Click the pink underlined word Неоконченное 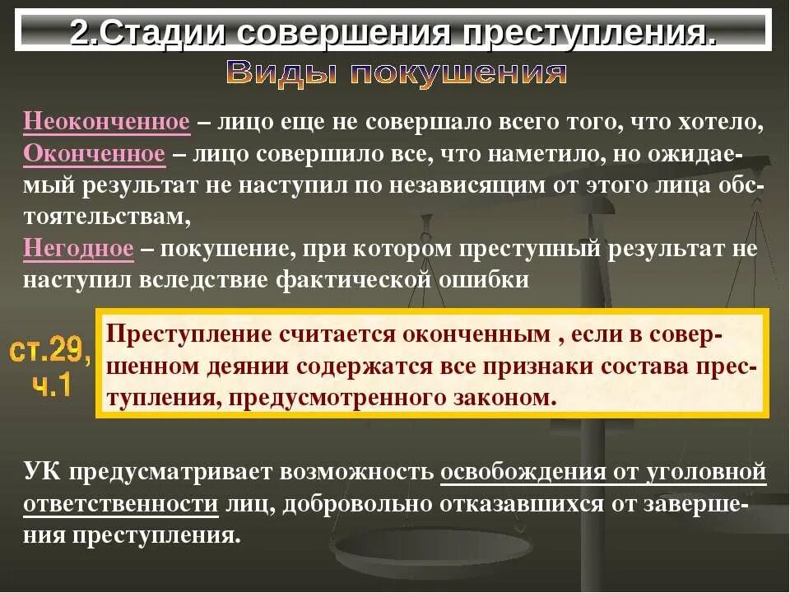[107, 123]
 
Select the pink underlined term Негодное [78, 248]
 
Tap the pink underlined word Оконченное [95, 154]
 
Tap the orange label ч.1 [51, 385]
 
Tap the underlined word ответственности [120, 504]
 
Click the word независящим [476, 185]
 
